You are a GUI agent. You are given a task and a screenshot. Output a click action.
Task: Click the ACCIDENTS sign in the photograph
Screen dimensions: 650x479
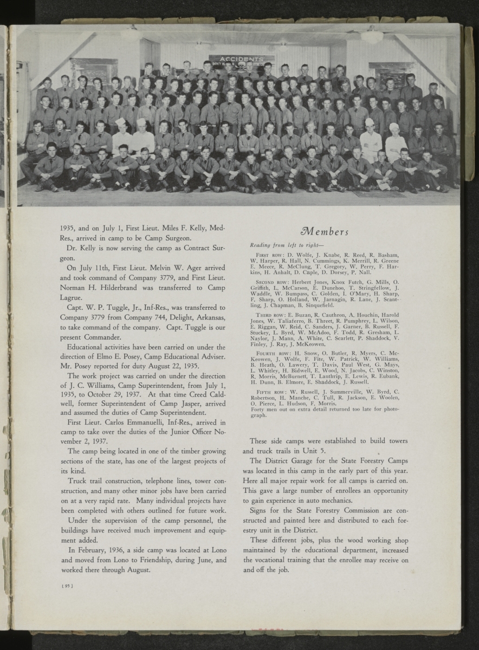[x=242, y=58]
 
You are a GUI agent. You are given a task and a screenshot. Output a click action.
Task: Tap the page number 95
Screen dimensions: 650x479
[x=67, y=586]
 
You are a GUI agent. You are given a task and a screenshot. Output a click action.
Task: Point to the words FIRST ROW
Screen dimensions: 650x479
[x=267, y=255]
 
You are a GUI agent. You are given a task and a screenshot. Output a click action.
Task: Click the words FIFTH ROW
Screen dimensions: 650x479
[x=267, y=391]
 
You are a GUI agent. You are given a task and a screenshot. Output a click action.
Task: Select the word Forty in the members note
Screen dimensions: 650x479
[x=257, y=408]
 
